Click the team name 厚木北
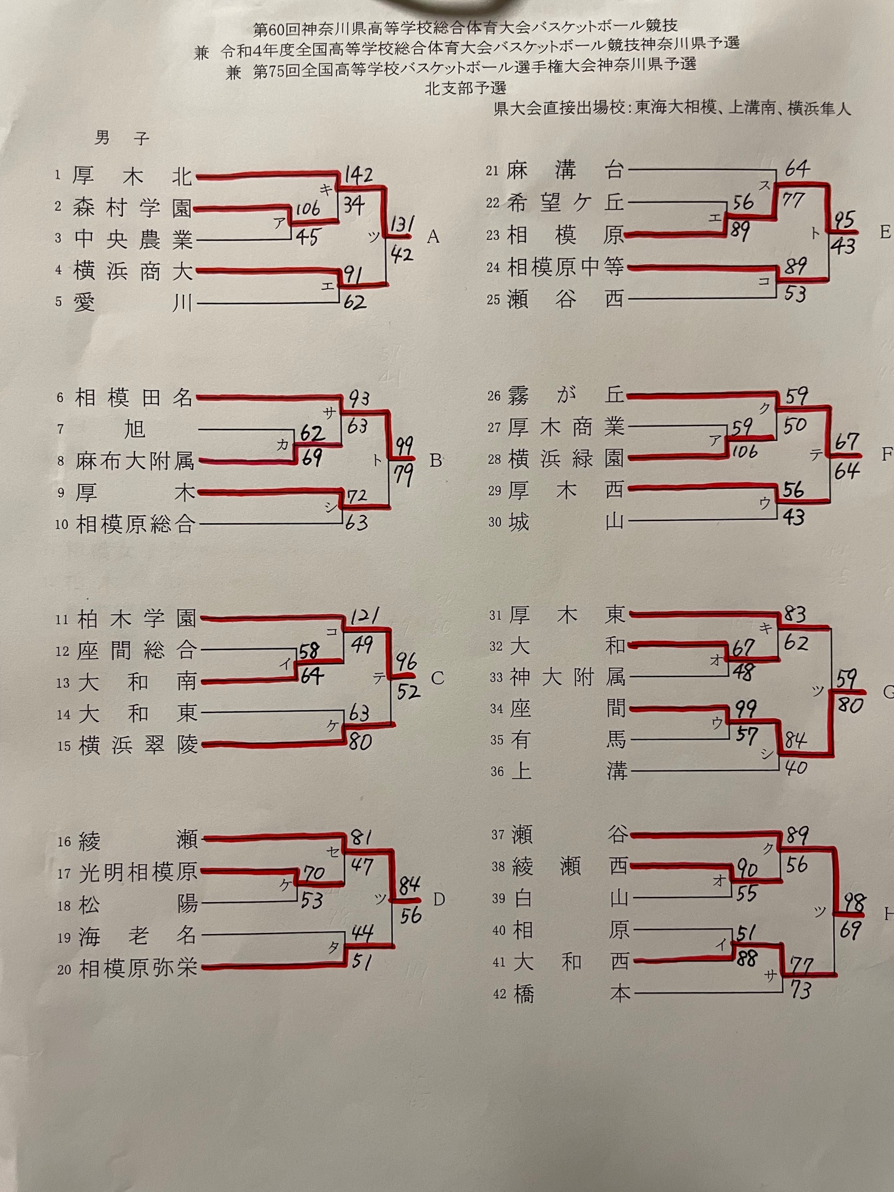point(132,176)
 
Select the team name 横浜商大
point(133,271)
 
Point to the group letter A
point(432,237)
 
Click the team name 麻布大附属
point(134,462)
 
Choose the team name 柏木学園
point(137,619)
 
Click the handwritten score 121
point(364,616)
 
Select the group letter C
point(437,678)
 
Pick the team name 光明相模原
point(138,873)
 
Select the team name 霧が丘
point(565,396)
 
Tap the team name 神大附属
point(567,677)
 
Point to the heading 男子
point(122,138)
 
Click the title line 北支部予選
point(466,88)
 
